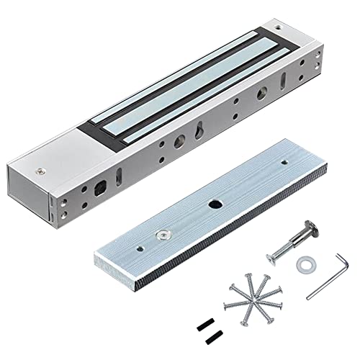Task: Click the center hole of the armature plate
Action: tap(215, 204)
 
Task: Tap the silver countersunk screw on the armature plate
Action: tap(163, 234)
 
